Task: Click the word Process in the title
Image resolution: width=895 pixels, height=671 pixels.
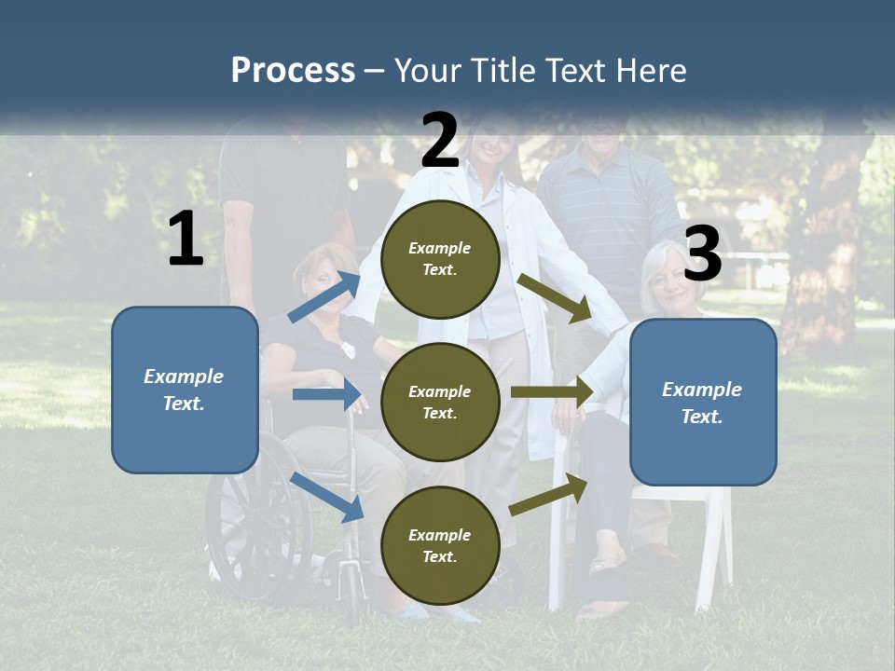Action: (x=293, y=70)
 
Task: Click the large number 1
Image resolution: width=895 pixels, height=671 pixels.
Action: (x=186, y=240)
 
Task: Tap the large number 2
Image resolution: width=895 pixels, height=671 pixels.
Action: (x=440, y=140)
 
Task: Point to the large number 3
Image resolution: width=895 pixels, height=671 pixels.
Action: (x=703, y=254)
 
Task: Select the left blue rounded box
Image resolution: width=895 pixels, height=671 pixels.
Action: (x=185, y=390)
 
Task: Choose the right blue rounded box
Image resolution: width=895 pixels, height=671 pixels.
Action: (x=703, y=403)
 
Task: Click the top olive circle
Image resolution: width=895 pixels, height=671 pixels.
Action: (x=440, y=259)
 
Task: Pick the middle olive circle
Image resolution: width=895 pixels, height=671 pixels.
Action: (x=440, y=402)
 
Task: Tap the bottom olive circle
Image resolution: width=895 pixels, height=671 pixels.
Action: (x=440, y=545)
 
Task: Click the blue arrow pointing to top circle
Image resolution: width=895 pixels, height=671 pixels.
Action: (x=324, y=296)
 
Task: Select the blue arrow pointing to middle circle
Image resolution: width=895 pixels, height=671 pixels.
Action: (x=326, y=394)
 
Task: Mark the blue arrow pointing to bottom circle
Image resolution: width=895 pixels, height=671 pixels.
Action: (x=327, y=496)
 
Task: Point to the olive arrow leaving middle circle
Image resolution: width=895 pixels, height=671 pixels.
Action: (x=551, y=392)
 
